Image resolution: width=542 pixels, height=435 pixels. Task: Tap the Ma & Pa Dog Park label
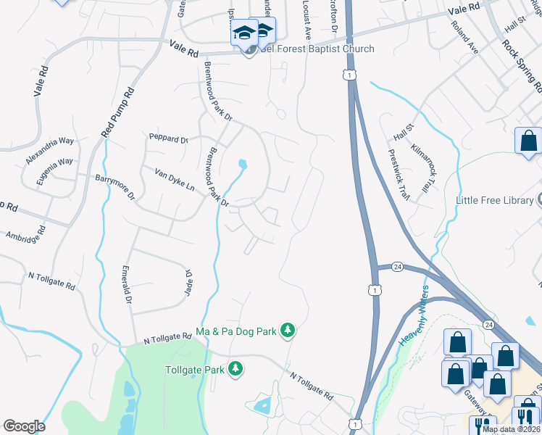coord(237,331)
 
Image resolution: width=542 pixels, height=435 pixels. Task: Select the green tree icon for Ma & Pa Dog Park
coord(288,331)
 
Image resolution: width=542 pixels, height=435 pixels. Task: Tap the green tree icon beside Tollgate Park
coord(235,370)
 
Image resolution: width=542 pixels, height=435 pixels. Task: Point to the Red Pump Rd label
coord(118,113)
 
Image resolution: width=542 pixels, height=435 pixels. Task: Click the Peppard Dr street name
coord(168,138)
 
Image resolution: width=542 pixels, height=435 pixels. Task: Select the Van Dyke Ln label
coord(175,181)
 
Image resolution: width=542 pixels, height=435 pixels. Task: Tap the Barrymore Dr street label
coord(115,186)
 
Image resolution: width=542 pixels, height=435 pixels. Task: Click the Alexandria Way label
coord(50,151)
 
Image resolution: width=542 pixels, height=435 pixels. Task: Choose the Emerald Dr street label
coord(127,284)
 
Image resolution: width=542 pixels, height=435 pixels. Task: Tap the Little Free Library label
coord(495,200)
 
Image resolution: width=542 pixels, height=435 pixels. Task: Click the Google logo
coord(23,426)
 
